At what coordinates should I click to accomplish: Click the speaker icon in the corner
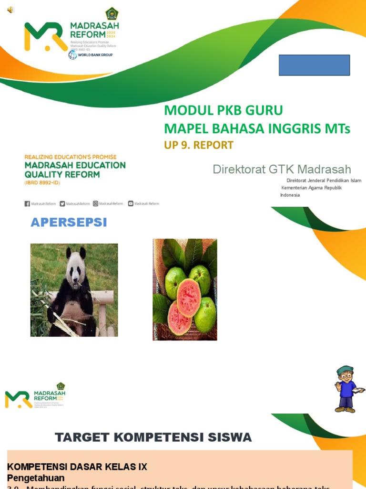10,10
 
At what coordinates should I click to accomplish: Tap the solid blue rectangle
314,65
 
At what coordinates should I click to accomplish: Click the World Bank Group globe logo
72,55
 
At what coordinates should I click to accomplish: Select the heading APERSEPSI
69,223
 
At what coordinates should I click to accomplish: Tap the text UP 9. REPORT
199,145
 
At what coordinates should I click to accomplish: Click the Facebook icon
27,203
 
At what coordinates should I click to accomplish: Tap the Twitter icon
62,203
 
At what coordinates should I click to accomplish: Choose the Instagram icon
95,203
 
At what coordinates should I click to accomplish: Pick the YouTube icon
131,203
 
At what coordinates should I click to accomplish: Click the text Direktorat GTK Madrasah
282,169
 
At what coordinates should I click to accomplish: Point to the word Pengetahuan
36,478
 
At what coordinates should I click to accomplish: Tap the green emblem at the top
112,13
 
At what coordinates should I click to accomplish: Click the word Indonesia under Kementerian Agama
290,195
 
